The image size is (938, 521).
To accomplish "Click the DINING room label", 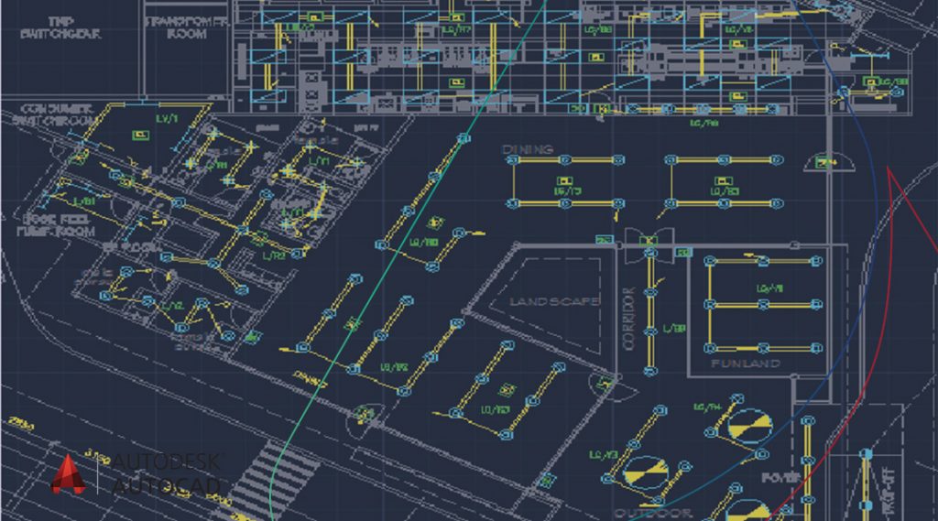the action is click(x=528, y=148).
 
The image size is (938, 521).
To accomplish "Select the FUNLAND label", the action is click(x=747, y=364).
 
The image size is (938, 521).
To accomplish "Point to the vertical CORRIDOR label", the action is click(x=629, y=318).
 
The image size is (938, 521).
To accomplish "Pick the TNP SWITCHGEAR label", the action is click(x=60, y=27).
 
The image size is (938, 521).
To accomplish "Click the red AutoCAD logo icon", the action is click(x=68, y=475).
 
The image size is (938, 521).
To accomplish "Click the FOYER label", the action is click(x=780, y=478).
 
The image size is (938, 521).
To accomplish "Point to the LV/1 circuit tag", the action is click(x=168, y=120).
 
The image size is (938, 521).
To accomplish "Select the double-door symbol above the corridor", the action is click(x=649, y=239).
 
